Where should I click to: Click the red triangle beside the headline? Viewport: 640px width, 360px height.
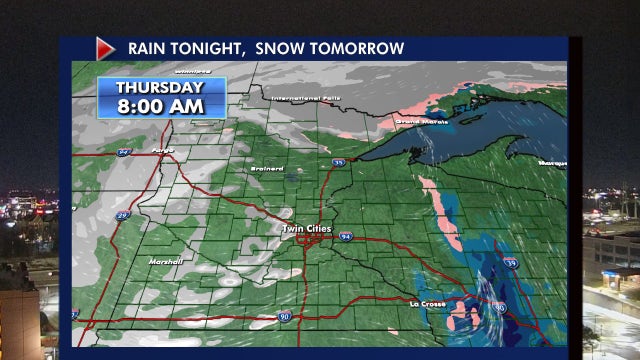106,48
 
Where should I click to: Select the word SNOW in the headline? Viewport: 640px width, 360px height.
283,48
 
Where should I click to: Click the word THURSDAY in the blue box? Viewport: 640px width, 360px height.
161,86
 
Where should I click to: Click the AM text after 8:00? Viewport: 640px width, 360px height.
189,105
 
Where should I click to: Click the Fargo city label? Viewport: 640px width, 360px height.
162,151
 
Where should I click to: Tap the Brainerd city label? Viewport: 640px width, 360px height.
268,168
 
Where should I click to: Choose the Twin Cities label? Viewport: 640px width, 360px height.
306,229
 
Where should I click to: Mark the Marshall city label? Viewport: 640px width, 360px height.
165,261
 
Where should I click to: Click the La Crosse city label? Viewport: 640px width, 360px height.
426,302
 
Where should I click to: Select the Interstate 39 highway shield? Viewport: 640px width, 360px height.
511,263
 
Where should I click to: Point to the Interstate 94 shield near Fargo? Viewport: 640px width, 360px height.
124,152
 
